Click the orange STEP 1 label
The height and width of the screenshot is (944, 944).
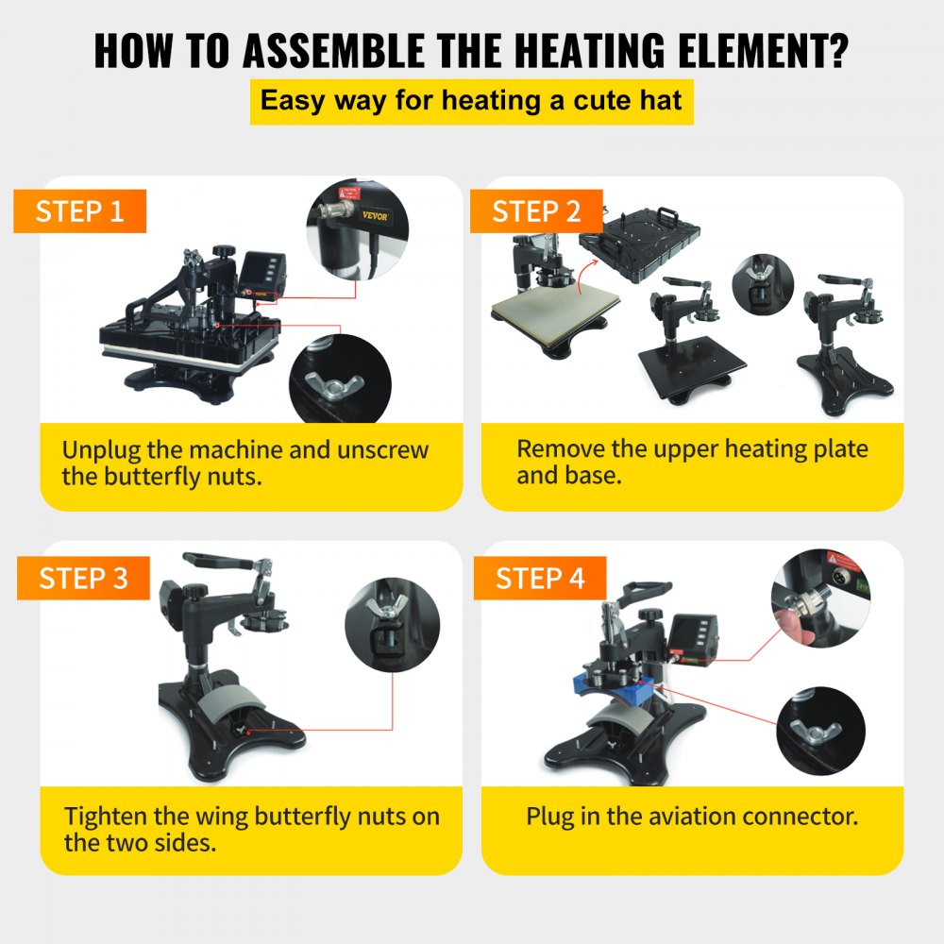click(x=79, y=211)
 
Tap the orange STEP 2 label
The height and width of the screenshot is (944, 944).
click(x=536, y=211)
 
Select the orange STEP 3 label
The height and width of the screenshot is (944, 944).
click(x=83, y=578)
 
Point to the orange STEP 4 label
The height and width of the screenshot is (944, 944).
click(x=540, y=578)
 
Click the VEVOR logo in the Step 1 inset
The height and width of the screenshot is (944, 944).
click(x=375, y=215)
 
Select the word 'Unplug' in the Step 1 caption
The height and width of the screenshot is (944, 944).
click(x=101, y=450)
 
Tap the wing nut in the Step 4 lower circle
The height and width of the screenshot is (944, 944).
click(x=816, y=733)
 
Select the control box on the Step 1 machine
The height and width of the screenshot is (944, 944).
click(x=262, y=272)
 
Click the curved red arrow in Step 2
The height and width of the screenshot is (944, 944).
click(x=585, y=276)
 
